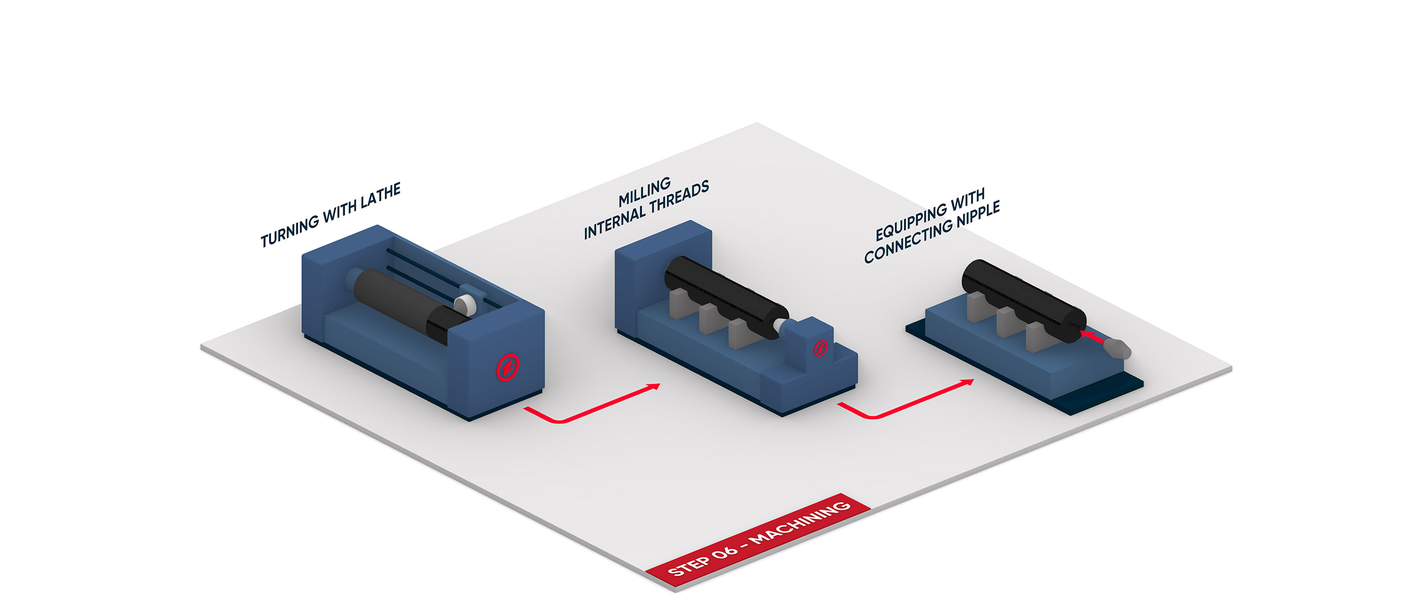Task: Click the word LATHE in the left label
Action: click(380, 196)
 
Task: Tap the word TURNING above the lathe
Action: click(290, 230)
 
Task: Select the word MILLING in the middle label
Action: click(645, 192)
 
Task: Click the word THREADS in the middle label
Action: click(679, 198)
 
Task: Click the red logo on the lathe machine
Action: click(508, 368)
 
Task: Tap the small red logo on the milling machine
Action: click(821, 348)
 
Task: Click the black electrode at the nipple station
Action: click(1024, 301)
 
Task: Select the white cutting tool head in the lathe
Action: click(465, 303)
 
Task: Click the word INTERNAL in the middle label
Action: click(614, 221)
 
